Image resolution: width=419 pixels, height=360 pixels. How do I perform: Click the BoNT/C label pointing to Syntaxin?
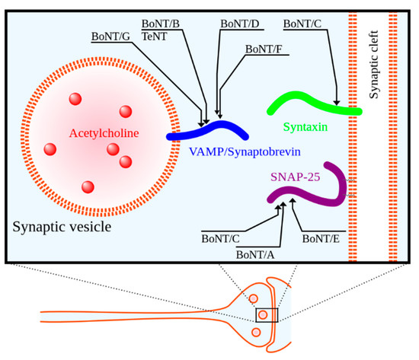pos(302,24)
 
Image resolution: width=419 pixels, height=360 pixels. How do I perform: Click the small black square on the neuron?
pos(267,314)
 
